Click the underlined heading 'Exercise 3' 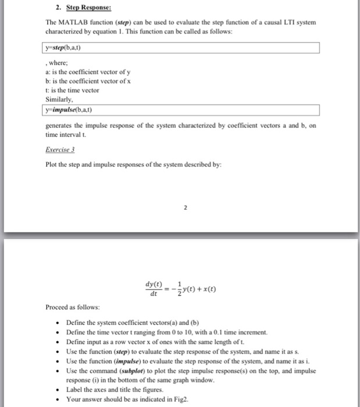click(60, 149)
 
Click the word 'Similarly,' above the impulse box click(60, 99)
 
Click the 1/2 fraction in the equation click(174, 288)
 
